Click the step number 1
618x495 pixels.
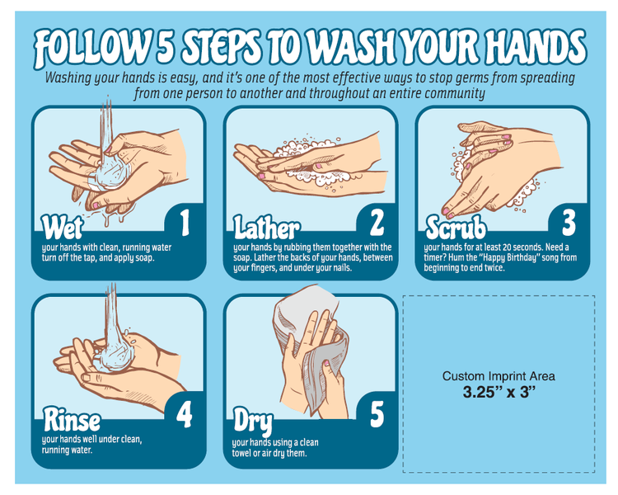click(x=184, y=223)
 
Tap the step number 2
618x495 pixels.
click(x=376, y=223)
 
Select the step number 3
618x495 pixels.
click(x=569, y=223)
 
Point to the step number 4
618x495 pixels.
click(x=184, y=413)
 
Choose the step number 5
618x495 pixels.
click(x=376, y=413)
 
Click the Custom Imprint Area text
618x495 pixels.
click(x=499, y=376)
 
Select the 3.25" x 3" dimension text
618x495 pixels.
click(x=499, y=392)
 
